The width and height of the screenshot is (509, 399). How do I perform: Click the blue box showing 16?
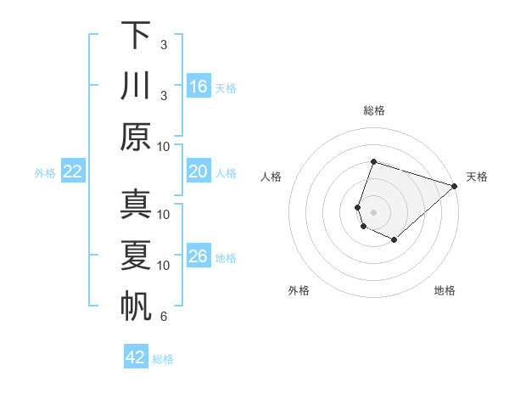click(199, 86)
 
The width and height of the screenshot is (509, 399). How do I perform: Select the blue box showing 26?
click(199, 256)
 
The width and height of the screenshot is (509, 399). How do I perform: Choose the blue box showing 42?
click(136, 357)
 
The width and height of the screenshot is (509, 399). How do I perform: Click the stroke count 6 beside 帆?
click(164, 318)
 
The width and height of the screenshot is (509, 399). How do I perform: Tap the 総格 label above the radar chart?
click(373, 110)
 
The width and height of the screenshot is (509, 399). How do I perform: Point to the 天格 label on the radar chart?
click(477, 177)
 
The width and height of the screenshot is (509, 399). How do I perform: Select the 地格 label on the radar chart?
click(445, 290)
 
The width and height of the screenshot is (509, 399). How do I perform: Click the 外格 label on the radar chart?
click(299, 290)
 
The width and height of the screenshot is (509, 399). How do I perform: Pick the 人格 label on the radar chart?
click(271, 177)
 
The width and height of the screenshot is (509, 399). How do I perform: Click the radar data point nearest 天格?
click(455, 186)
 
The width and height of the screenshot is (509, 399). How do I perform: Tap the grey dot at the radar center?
click(373, 211)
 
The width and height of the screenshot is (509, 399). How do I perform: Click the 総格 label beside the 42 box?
click(163, 358)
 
